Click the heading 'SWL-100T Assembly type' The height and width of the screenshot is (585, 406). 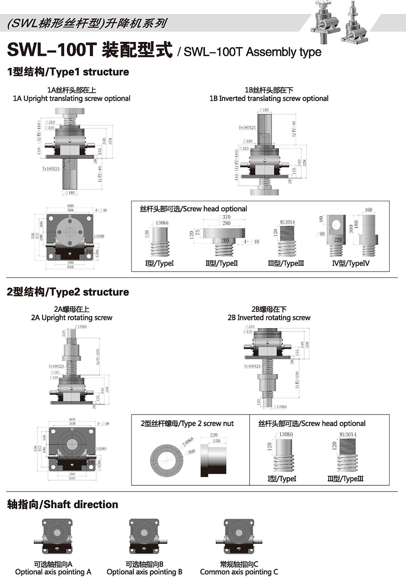252,52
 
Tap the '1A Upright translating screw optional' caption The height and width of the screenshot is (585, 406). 72,99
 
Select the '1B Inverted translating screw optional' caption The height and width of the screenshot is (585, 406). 269,99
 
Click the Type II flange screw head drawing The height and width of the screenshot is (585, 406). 224,238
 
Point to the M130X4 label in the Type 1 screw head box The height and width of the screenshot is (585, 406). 287,222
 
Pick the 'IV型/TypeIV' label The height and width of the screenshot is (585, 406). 351,263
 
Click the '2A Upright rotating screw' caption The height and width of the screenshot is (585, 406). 72,318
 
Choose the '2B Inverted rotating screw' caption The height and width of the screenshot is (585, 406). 269,318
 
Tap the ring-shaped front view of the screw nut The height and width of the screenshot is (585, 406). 167,460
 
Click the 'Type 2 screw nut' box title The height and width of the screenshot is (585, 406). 187,424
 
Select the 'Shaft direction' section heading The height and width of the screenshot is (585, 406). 63,504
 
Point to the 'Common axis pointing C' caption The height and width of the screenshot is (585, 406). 239,572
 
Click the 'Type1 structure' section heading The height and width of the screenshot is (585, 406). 68,72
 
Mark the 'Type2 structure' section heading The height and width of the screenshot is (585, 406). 68,292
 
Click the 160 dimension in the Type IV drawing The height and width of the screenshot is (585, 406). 368,210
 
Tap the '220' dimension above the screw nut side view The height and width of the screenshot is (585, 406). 214,435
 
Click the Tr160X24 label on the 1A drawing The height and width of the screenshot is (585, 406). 51,169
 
